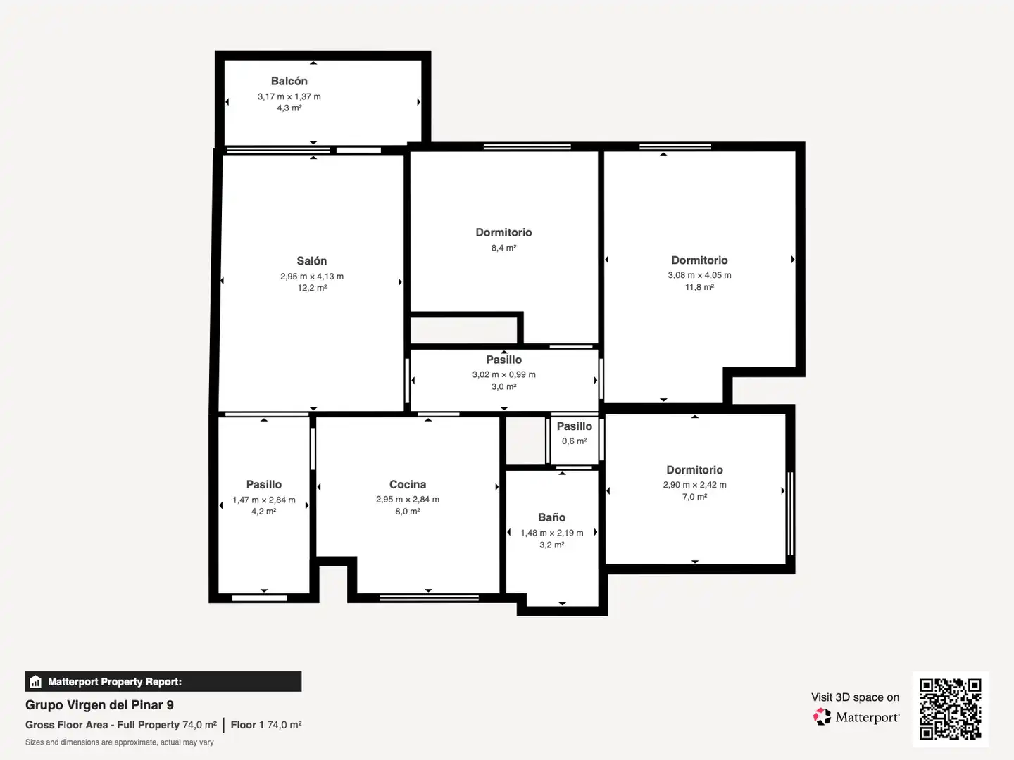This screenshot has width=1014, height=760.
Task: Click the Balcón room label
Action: tap(289, 81)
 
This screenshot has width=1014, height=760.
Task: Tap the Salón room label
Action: tap(312, 260)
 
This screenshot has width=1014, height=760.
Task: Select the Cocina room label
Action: tap(408, 485)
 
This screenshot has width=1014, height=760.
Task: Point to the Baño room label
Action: tap(551, 517)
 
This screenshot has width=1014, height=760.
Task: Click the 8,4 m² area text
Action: tap(504, 248)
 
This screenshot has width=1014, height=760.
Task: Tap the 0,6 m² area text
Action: tap(574, 441)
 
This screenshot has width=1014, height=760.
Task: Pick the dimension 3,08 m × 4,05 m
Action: tap(699, 275)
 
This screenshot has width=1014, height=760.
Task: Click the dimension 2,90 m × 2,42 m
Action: tap(695, 485)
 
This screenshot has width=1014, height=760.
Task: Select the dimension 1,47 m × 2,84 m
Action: tap(264, 500)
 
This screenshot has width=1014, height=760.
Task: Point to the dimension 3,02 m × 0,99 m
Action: tap(504, 374)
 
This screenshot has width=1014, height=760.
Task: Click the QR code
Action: tap(950, 709)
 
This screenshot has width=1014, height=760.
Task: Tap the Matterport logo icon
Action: tap(822, 716)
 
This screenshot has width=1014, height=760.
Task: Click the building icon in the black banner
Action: tap(36, 682)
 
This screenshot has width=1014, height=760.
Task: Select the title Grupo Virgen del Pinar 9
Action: tap(99, 705)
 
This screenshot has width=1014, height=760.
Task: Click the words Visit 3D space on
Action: tap(855, 697)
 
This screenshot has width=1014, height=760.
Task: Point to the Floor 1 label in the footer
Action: tap(247, 725)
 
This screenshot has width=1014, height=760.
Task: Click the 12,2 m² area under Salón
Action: tap(312, 288)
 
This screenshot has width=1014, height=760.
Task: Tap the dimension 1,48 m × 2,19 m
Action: tap(551, 533)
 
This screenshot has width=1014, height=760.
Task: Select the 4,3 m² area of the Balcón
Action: tap(289, 108)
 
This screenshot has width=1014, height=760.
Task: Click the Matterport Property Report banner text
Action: tap(115, 682)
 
